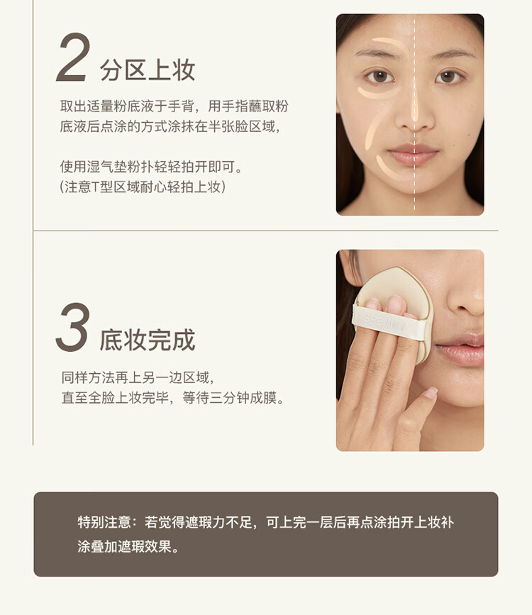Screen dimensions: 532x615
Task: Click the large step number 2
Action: tap(74, 57)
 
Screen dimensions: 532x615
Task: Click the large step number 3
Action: tap(73, 327)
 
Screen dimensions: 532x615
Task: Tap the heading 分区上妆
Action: tap(148, 70)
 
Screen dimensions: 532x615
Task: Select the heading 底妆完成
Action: tap(148, 340)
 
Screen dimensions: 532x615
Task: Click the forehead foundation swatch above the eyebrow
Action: tap(389, 43)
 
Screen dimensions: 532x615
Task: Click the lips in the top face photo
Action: tap(413, 155)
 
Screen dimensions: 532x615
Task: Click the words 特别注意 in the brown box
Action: tap(104, 522)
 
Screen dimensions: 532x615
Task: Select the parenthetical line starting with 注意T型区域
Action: tap(143, 187)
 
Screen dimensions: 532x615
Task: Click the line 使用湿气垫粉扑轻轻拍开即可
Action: tap(151, 167)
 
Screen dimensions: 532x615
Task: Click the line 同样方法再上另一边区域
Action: tap(138, 377)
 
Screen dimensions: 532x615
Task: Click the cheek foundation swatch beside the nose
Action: tap(372, 131)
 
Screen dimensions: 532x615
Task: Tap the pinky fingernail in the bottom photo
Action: tap(431, 392)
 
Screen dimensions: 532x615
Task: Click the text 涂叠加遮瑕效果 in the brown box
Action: tap(128, 546)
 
